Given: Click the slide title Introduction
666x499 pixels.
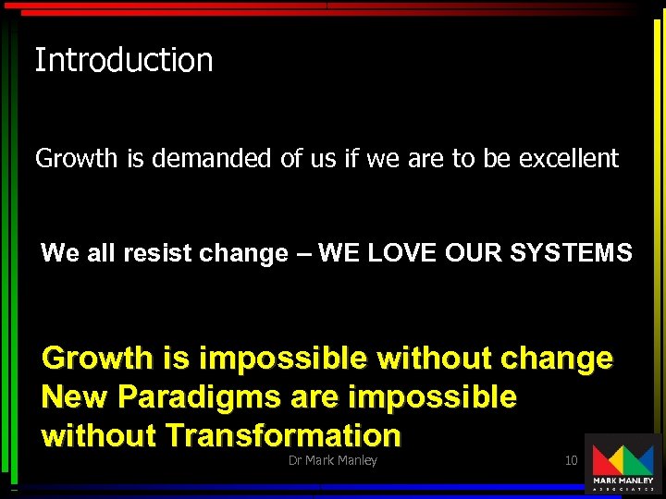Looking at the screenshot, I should [x=124, y=61].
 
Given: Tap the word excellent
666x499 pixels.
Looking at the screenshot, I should [x=568, y=159].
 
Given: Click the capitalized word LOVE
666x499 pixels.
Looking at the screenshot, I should [x=401, y=253].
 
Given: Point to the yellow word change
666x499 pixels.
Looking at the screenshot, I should [x=559, y=359].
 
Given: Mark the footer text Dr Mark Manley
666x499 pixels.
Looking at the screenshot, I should [x=333, y=460].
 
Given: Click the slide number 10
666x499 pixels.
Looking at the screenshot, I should [x=571, y=460].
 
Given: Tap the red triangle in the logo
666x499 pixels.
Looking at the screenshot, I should [x=604, y=459].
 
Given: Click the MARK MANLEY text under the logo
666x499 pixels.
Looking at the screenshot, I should [x=623, y=481].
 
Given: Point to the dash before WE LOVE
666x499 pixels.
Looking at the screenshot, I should [x=302, y=254].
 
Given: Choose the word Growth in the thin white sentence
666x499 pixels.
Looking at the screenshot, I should [x=76, y=159].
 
